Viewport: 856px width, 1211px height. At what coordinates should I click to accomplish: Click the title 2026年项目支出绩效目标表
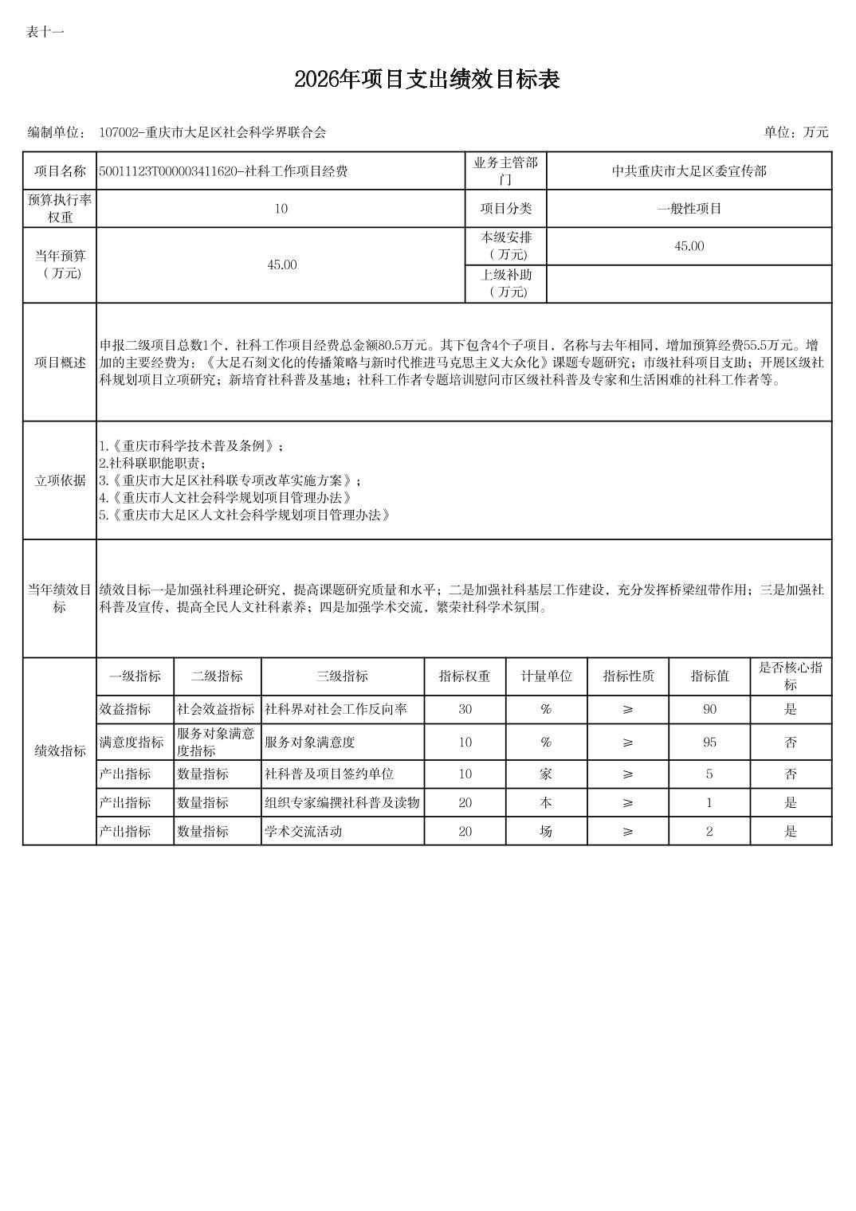tap(427, 80)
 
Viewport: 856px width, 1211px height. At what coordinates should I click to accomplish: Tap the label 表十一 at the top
tap(45, 32)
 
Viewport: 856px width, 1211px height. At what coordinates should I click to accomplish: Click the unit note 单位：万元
tap(795, 132)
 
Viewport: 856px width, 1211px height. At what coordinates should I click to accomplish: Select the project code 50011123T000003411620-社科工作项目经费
tap(223, 171)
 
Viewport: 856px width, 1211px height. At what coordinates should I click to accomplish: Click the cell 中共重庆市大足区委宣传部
tap(689, 171)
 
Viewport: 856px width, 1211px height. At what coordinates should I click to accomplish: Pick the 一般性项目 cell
tap(689, 209)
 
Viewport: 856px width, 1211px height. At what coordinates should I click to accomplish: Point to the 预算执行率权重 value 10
tap(281, 209)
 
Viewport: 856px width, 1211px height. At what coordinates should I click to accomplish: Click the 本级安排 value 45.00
tap(689, 246)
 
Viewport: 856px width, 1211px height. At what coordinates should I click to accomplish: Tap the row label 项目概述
tap(60, 363)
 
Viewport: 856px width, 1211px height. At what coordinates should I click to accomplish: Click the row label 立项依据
tap(60, 480)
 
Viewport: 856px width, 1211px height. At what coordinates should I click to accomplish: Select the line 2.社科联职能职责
tap(152, 463)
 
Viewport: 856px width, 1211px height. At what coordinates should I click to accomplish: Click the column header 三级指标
tap(342, 676)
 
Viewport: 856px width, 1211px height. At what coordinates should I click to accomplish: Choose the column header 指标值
tap(709, 676)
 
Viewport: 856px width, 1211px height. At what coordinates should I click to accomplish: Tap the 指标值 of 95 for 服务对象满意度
tap(709, 743)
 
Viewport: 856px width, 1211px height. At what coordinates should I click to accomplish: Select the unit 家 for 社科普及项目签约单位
tap(546, 774)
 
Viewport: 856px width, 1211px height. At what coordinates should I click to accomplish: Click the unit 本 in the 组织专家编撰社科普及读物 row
tap(546, 802)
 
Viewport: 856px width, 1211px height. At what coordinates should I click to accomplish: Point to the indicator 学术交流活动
tap(303, 831)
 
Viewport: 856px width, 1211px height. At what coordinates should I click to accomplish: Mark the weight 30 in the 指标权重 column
tap(465, 709)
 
